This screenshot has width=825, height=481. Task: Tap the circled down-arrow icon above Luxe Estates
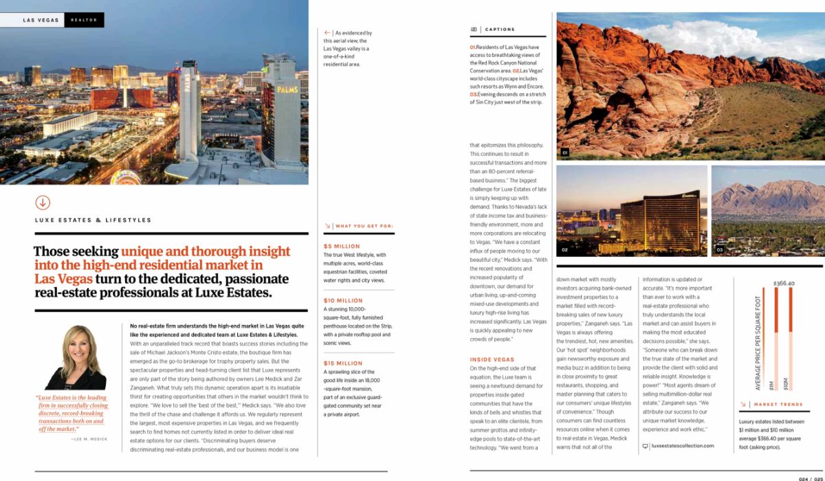43,202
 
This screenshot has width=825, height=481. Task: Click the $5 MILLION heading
342,246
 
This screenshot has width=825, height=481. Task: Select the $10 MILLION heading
343,300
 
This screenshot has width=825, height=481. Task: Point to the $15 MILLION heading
343,363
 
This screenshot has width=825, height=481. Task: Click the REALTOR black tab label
85,21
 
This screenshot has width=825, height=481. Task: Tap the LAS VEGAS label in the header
41,21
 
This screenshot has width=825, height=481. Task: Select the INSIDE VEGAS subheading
492,359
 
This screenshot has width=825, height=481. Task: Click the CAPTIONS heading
500,30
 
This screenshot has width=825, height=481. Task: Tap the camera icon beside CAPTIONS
474,30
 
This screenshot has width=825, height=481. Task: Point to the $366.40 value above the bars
783,282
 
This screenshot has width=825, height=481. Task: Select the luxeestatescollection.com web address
682,446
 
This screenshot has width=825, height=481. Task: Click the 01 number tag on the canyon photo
564,152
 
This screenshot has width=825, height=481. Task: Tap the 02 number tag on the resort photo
564,249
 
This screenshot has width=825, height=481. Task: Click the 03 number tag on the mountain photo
719,249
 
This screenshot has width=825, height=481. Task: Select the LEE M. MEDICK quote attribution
89,438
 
